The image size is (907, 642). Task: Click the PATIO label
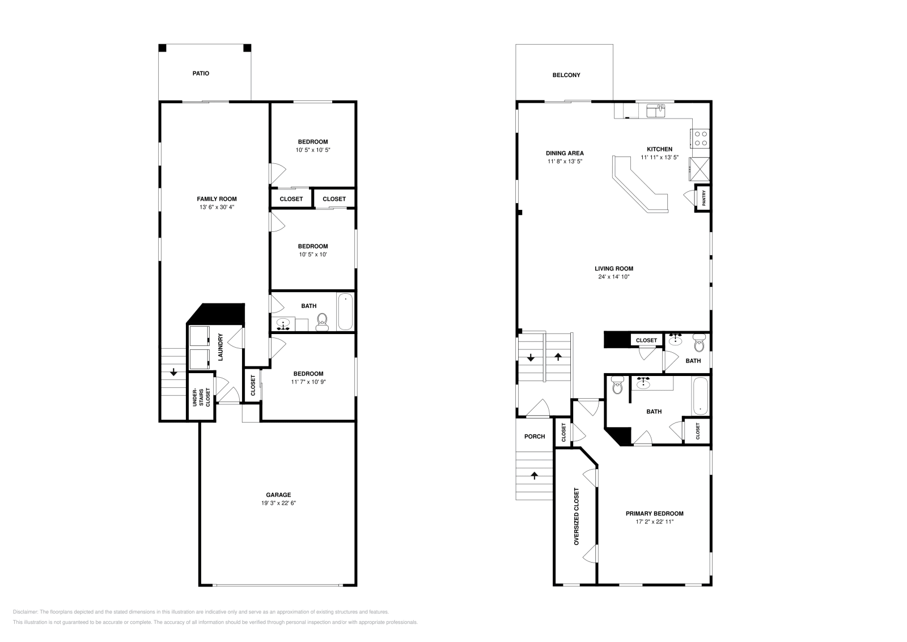point(201,73)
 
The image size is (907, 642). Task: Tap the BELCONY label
point(566,75)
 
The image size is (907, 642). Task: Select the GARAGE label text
point(278,495)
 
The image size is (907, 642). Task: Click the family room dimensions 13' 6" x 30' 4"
point(217,207)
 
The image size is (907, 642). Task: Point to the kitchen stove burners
point(701,138)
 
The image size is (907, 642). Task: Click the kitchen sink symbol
point(656,111)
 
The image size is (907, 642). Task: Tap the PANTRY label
point(703,198)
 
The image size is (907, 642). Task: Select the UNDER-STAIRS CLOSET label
point(201,398)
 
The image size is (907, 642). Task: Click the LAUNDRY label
point(221,347)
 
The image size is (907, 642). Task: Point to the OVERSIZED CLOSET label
point(577,516)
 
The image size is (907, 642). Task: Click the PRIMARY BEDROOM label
point(654,513)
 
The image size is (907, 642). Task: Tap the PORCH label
point(535,436)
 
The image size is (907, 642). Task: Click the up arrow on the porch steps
point(535,475)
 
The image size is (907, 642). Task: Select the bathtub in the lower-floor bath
point(345,312)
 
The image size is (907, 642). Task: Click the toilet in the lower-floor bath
point(323,322)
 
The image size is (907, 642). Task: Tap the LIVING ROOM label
point(614,269)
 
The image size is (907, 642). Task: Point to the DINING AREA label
point(565,153)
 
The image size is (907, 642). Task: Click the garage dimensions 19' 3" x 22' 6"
point(278,503)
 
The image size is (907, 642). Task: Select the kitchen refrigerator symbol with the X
point(700,169)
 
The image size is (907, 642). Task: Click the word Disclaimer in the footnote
point(25,612)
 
